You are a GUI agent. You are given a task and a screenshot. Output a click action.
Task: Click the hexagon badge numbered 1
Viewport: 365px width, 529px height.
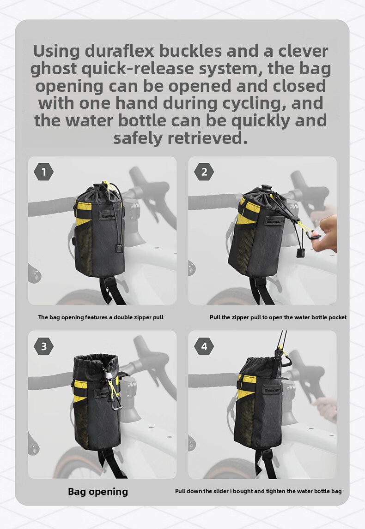[x=43, y=172]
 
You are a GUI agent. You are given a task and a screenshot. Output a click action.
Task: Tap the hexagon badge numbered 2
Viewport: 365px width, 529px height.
[x=204, y=172]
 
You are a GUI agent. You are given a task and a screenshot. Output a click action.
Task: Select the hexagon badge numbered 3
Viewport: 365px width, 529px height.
[x=43, y=346]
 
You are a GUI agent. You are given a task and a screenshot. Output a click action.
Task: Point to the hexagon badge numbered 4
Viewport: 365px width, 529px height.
[x=204, y=346]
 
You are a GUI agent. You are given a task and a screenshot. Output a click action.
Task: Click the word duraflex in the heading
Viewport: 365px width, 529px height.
[x=119, y=51]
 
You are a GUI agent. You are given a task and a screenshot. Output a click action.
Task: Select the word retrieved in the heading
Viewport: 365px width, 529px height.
[x=207, y=138]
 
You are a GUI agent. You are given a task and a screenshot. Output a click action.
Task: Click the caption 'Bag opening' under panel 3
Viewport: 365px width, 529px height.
[x=98, y=492]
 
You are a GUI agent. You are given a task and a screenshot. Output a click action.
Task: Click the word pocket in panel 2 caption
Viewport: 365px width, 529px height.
[x=337, y=317]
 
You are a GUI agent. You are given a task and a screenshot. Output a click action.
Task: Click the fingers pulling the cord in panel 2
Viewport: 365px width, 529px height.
[x=324, y=233]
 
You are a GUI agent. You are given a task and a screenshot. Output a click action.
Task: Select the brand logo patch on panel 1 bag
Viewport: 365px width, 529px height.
[x=109, y=215]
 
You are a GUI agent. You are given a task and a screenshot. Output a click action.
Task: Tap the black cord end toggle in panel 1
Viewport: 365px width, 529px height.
[x=119, y=249]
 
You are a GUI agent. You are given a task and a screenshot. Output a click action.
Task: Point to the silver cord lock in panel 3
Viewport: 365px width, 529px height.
[x=109, y=375]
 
